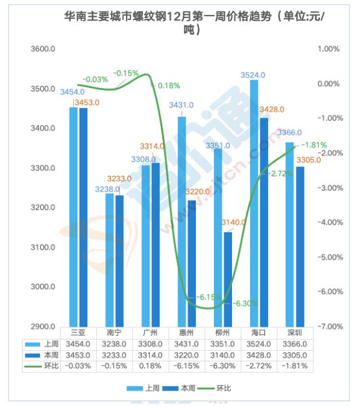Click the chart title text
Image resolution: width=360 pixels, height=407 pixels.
tap(194, 23)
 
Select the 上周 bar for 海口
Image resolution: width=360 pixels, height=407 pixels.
tap(254, 203)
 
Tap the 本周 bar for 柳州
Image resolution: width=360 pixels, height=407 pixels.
tap(228, 280)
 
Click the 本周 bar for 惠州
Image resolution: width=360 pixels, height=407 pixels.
tap(192, 263)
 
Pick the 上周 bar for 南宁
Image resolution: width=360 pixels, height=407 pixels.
tap(109, 260)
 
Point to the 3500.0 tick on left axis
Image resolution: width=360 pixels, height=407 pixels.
tap(43, 89)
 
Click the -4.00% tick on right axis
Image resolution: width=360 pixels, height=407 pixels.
tap(330, 223)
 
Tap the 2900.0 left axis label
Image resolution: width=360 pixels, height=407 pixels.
tap(43, 327)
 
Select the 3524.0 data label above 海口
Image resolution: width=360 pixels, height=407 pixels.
tap(253, 75)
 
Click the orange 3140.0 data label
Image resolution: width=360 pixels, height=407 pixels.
tap(233, 223)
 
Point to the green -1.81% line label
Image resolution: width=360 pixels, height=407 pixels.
tap(314, 145)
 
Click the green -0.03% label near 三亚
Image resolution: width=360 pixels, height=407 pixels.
tap(95, 80)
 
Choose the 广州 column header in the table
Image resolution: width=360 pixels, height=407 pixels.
tap(151, 333)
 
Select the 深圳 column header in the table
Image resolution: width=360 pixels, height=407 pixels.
tap(295, 333)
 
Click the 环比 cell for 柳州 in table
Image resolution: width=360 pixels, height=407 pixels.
tap(222, 366)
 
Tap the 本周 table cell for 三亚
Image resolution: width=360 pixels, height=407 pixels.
tap(78, 355)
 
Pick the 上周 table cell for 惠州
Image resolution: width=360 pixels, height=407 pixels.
tap(186, 344)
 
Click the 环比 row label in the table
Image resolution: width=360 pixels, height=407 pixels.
tap(51, 366)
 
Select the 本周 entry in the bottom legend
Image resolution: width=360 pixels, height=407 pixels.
tap(178, 388)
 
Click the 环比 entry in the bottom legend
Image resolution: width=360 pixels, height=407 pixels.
tap(214, 388)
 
